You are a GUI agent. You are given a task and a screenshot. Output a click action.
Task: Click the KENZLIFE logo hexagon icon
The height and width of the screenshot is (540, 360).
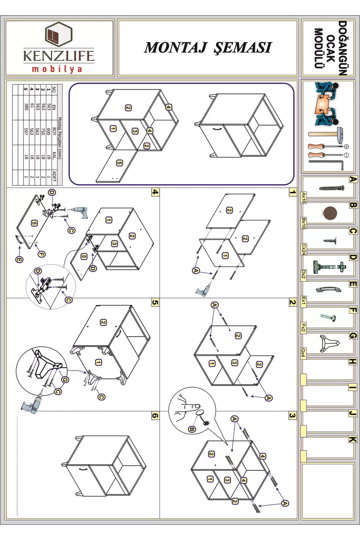click(x=58, y=34)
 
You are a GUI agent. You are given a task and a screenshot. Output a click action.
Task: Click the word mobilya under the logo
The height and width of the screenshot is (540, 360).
click(x=57, y=69)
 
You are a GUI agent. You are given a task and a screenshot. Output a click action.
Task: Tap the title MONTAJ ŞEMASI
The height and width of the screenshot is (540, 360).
click(x=208, y=48)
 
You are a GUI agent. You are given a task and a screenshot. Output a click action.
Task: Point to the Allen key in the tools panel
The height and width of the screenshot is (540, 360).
click(x=327, y=165)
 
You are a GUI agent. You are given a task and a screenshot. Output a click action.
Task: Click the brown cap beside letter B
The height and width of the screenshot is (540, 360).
click(x=330, y=213)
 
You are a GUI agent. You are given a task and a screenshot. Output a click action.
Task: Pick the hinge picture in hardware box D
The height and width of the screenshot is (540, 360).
click(x=329, y=267)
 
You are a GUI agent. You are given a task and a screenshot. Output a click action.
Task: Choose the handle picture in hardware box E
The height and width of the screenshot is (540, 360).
click(x=328, y=289)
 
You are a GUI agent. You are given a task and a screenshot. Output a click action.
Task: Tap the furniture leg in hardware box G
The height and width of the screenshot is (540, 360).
click(x=329, y=343)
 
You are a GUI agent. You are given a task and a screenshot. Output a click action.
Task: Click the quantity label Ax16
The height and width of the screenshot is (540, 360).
click(x=304, y=198)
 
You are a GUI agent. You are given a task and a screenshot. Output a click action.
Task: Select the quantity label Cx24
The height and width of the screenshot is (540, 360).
click(x=304, y=249)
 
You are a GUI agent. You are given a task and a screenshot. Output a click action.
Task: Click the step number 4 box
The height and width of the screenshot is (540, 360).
click(x=156, y=192)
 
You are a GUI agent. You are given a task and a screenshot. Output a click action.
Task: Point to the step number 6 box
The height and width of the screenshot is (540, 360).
click(x=156, y=416)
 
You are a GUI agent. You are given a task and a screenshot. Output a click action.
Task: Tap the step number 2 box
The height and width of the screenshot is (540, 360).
click(x=293, y=302)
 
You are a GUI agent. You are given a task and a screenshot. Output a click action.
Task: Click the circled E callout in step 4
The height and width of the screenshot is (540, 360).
click(x=19, y=260)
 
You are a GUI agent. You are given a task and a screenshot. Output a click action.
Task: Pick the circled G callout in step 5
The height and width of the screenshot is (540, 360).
click(x=65, y=380)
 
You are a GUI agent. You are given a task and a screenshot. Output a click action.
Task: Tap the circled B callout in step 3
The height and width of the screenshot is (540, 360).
click(x=192, y=429)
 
